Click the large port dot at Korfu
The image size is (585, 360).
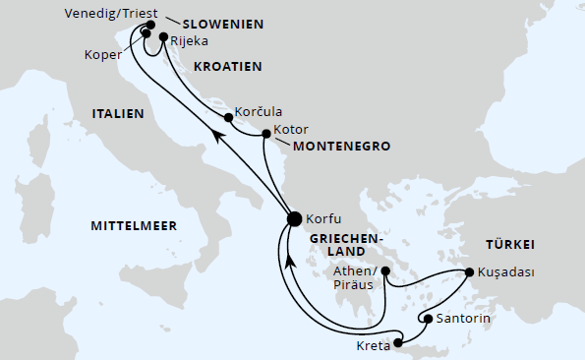[x=293, y=218]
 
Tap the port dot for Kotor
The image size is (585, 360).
[x=266, y=132]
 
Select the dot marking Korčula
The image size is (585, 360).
[x=228, y=118]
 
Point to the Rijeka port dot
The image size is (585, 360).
[x=163, y=36]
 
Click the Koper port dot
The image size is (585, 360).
[x=146, y=32]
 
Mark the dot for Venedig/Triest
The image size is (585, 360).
[x=150, y=24]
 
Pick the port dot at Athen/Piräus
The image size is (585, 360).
[x=386, y=271]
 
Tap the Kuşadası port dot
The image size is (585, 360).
[x=469, y=273]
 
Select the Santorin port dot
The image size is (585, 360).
[x=427, y=318]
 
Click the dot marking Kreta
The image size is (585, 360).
[x=398, y=343]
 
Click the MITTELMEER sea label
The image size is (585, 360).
[x=134, y=226]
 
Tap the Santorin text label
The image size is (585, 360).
[x=463, y=318]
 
